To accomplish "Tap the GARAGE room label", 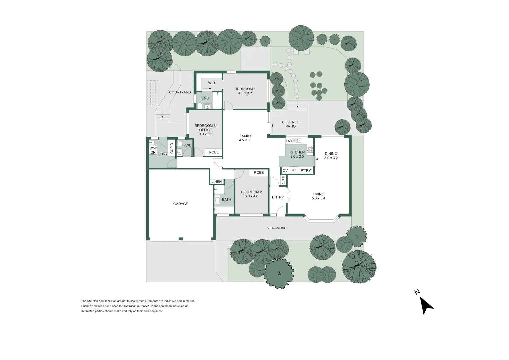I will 181,204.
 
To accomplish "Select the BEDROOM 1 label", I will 245,89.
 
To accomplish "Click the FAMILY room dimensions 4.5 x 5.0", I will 246,140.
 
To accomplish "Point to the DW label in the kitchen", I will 289,141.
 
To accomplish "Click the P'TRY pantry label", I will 306,171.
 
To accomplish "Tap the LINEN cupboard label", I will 216,182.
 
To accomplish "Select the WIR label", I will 211,83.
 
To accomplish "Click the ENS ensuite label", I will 205,98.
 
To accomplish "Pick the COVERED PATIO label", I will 291,124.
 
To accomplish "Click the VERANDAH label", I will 277,228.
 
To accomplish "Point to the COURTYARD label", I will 180,92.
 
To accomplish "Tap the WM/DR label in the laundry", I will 153,150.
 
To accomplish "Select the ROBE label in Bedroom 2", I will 259,173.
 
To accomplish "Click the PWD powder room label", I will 187,145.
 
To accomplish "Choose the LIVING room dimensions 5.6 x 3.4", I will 318,198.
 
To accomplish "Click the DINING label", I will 331,154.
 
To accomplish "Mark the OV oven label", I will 285,171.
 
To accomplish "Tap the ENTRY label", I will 278,197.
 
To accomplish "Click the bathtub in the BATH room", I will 224,210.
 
